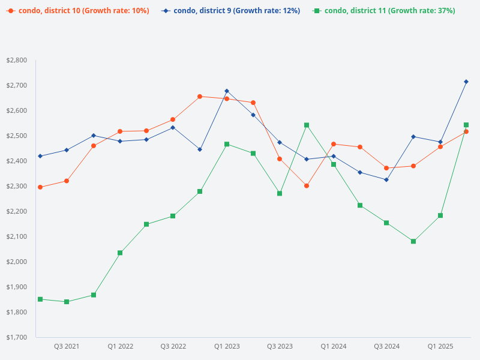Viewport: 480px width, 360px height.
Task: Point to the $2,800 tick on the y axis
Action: tap(17, 61)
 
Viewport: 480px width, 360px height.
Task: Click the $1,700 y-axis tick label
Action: tap(17, 337)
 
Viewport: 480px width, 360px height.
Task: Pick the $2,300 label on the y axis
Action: tap(17, 187)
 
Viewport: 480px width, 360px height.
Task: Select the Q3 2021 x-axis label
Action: tap(67, 346)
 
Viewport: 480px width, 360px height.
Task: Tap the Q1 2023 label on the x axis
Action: tap(227, 346)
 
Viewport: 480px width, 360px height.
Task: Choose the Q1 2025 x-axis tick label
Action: tap(440, 346)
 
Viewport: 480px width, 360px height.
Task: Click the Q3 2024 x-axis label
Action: tap(386, 346)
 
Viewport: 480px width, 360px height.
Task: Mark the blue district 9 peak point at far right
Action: tap(466, 82)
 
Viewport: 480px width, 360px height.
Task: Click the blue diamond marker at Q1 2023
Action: tap(227, 91)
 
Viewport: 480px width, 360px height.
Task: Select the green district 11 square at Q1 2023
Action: tap(227, 144)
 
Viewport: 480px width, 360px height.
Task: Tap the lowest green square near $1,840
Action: tap(67, 302)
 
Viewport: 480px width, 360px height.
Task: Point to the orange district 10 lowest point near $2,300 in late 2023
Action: tap(307, 186)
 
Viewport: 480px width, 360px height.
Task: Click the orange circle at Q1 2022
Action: tap(120, 131)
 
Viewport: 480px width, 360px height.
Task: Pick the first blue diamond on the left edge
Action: tap(40, 156)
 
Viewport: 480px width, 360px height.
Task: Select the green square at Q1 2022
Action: tap(120, 253)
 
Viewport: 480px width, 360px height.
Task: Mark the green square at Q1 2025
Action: tap(440, 215)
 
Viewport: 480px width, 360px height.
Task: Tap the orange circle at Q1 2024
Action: tap(333, 144)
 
